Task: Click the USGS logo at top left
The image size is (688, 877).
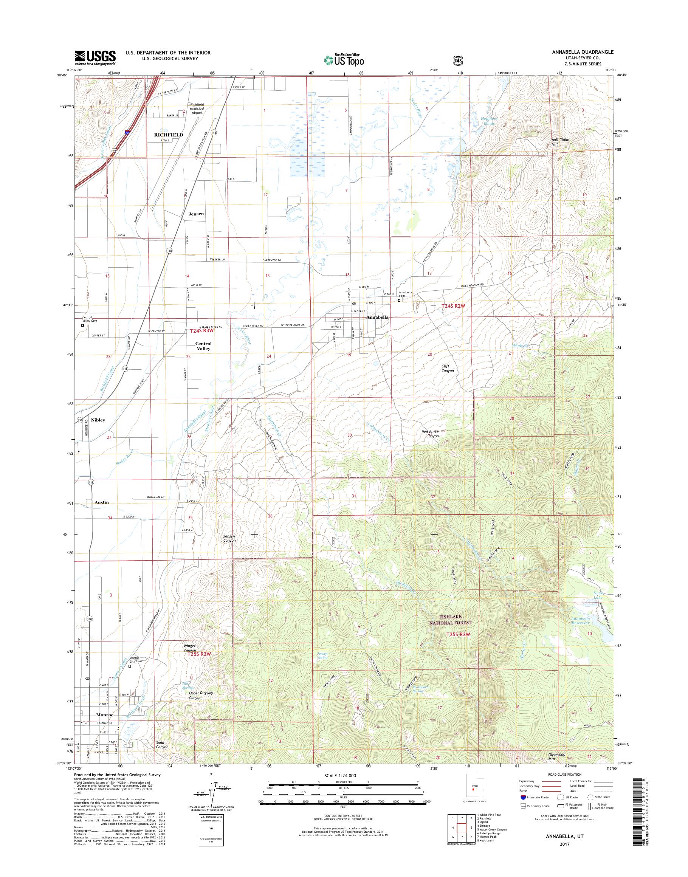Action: (x=95, y=57)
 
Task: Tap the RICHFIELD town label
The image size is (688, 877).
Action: (x=169, y=135)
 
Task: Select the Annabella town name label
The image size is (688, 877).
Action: (x=377, y=318)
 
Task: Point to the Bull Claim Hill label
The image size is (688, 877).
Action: (x=560, y=142)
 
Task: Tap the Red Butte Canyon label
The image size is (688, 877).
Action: (x=430, y=434)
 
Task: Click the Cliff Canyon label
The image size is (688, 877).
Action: (x=448, y=368)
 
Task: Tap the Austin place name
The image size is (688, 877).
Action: (x=102, y=502)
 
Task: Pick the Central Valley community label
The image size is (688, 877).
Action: (x=203, y=346)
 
